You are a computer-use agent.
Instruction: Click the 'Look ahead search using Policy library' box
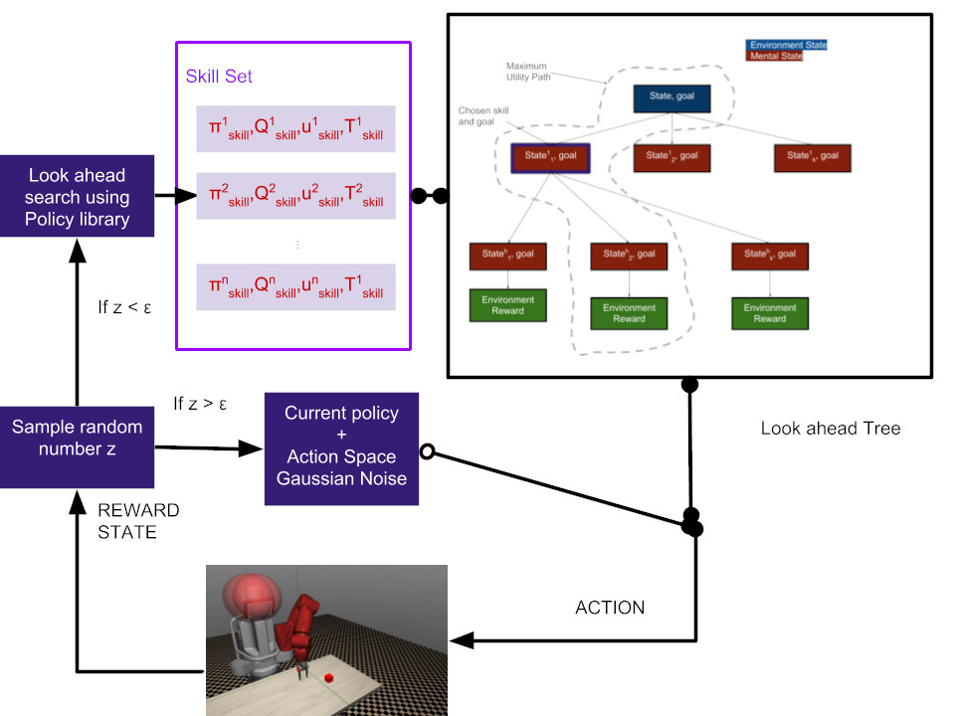77,197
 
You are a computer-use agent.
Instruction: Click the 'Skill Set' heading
218,76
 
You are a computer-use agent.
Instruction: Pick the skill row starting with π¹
295,129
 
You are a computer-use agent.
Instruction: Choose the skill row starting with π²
295,197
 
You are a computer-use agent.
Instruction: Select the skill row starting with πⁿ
295,287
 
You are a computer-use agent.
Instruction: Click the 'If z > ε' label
200,404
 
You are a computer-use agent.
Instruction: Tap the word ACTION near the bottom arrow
610,608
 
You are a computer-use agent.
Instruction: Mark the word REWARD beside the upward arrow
137,510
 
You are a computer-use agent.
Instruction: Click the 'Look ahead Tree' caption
830,429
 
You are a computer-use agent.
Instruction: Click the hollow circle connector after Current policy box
427,452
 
